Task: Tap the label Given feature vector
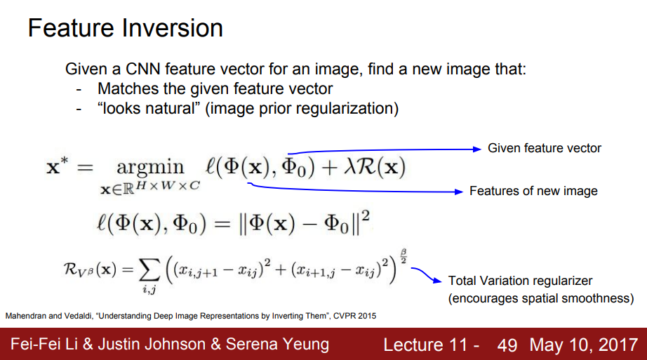coord(545,148)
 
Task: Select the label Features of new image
coord(533,191)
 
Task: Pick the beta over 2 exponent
coord(405,255)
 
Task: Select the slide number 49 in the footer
coord(507,345)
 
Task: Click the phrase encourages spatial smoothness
coord(541,298)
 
